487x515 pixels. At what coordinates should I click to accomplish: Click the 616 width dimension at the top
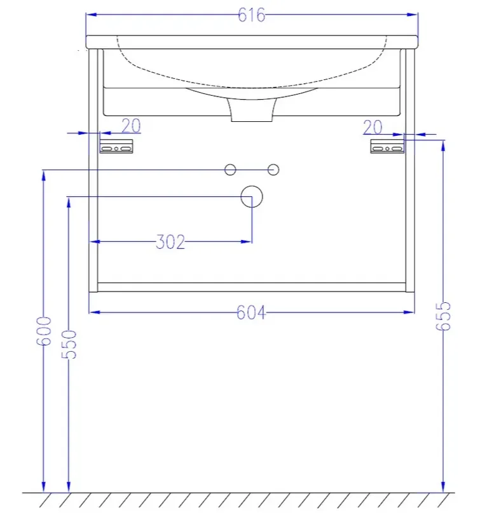[x=252, y=15]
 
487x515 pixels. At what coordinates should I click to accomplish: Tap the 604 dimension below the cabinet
[x=251, y=312]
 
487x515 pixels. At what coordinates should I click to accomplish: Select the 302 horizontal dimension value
[x=170, y=242]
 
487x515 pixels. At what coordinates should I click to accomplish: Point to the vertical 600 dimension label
[x=44, y=331]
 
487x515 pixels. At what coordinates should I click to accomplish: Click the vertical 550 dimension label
[x=69, y=344]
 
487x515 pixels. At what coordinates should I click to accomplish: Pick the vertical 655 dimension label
[x=443, y=316]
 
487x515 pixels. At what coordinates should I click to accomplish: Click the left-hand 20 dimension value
[x=131, y=126]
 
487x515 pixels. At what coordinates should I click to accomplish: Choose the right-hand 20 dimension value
[x=373, y=127]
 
